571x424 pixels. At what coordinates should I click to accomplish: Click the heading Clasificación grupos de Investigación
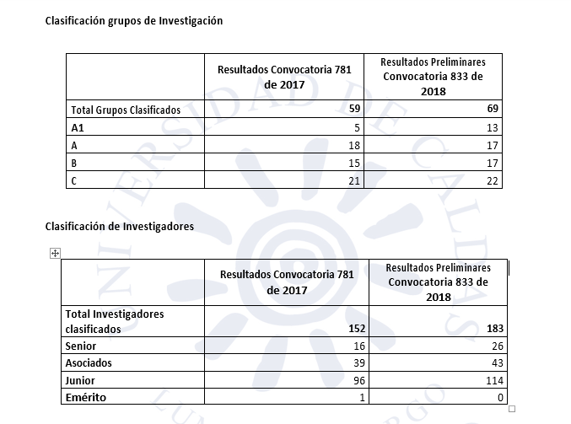click(133, 20)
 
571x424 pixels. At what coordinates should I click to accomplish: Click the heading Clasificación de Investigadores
click(119, 226)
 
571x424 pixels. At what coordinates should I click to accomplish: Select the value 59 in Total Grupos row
click(355, 110)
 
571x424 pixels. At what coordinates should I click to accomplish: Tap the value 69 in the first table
click(492, 110)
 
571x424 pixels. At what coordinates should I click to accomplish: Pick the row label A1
click(77, 127)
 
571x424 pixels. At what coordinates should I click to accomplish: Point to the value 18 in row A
click(355, 145)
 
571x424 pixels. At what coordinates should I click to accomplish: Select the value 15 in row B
click(355, 163)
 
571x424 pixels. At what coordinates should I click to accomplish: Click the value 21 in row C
click(355, 180)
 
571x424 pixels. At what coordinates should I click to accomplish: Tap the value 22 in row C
click(492, 180)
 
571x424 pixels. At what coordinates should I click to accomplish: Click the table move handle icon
click(55, 253)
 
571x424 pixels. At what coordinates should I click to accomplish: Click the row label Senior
click(81, 346)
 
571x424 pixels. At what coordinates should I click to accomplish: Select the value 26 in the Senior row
click(496, 346)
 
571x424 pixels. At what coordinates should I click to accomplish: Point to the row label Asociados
click(89, 362)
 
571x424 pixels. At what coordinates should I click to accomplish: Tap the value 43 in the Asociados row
click(496, 363)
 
